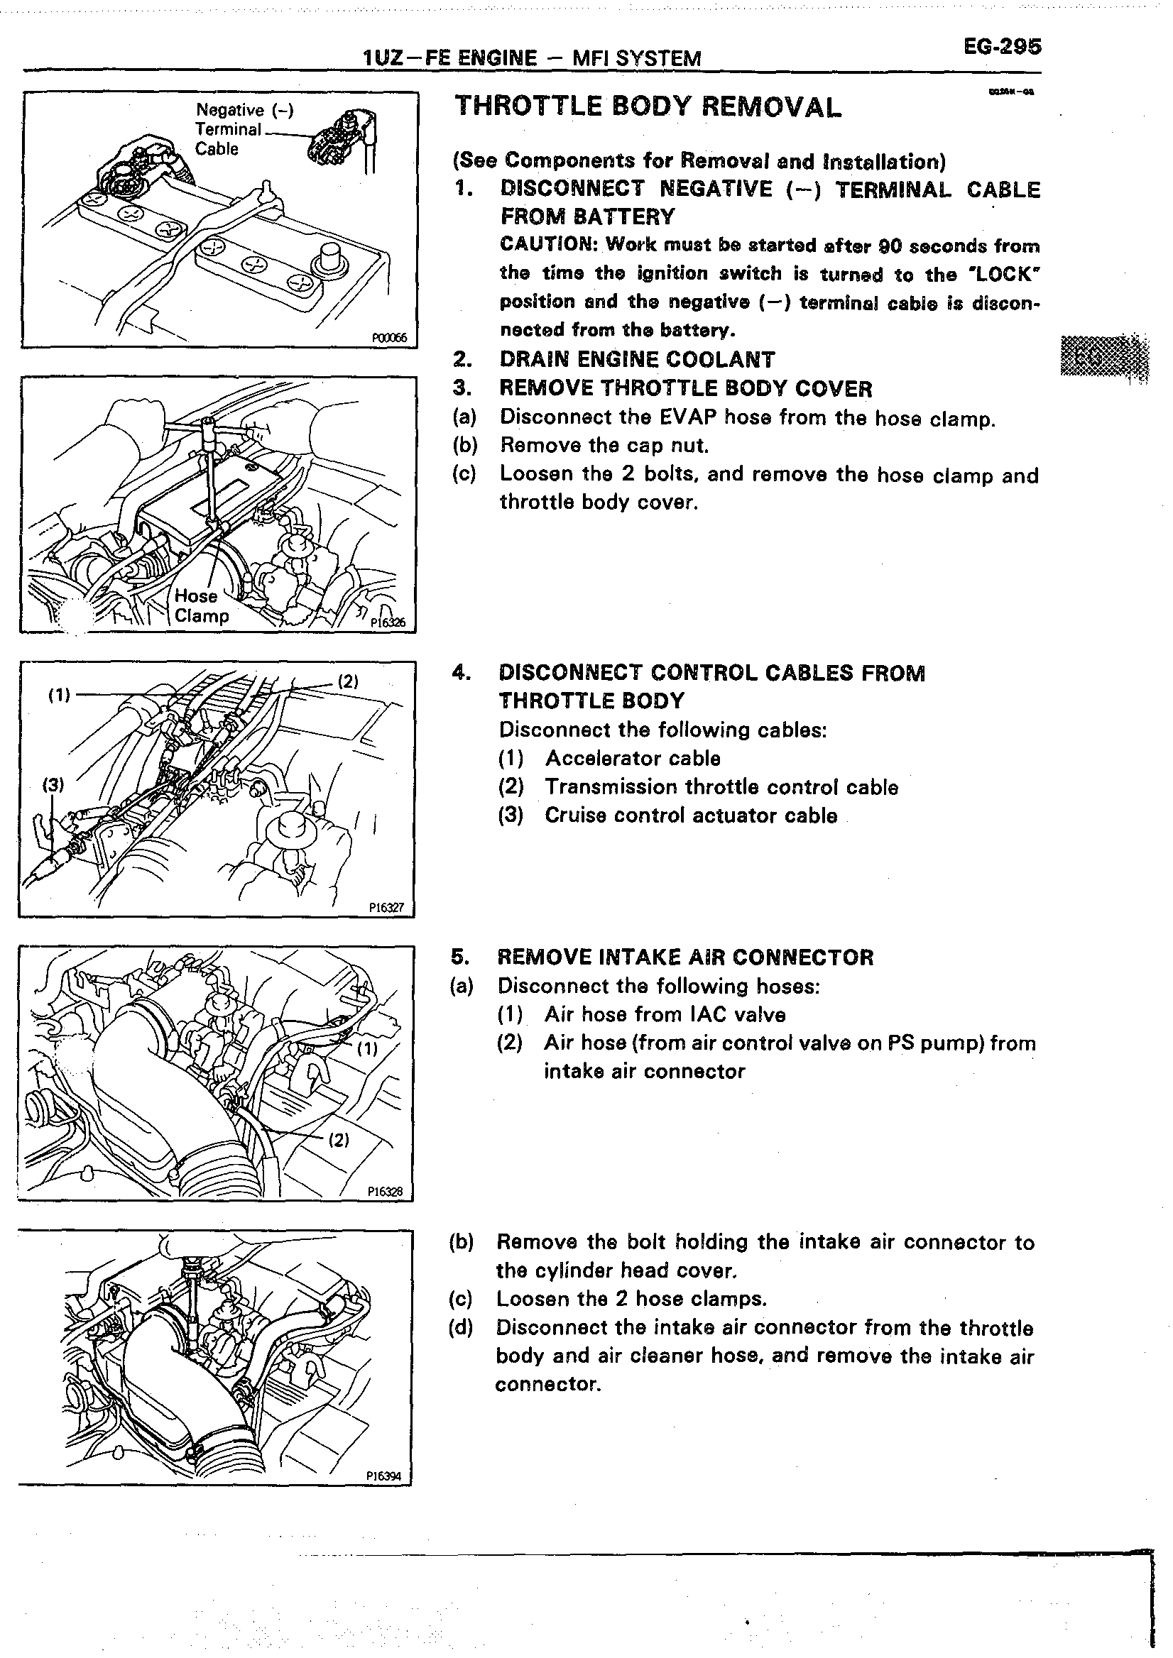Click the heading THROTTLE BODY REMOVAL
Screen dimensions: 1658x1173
point(648,107)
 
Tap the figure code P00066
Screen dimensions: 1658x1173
point(389,337)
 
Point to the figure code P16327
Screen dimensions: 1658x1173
point(386,908)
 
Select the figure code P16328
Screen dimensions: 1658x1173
point(384,1192)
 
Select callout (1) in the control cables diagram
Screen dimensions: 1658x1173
point(59,695)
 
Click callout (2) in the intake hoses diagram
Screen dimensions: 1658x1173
point(339,1141)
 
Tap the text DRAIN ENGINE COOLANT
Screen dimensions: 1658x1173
point(636,359)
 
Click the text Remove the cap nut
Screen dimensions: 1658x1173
point(604,445)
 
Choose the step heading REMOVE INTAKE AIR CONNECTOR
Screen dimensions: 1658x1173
point(684,957)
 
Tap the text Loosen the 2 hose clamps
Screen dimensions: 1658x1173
point(631,1299)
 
